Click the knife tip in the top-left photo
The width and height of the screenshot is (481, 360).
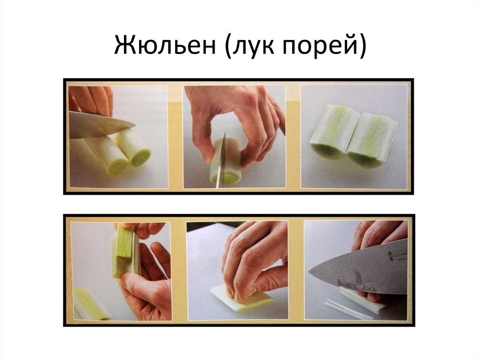click(134, 125)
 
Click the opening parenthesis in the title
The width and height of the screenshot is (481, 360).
click(228, 46)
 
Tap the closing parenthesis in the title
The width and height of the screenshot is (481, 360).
click(362, 46)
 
